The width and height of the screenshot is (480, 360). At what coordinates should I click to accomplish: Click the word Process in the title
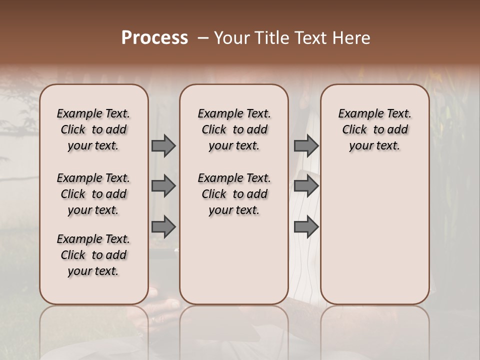pyautogui.click(x=154, y=38)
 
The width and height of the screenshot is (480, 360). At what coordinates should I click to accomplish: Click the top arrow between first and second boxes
pyautogui.click(x=163, y=145)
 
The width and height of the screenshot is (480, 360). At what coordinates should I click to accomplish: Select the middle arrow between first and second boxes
pyautogui.click(x=163, y=186)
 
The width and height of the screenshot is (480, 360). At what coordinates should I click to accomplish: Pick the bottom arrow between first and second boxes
pyautogui.click(x=163, y=226)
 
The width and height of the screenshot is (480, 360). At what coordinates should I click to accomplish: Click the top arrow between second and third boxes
pyautogui.click(x=306, y=145)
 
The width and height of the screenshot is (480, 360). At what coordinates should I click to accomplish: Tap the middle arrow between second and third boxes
pyautogui.click(x=306, y=186)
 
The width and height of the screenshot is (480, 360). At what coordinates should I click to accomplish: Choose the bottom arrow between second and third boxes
pyautogui.click(x=306, y=226)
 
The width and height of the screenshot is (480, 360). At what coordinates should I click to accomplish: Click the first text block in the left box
pyautogui.click(x=93, y=129)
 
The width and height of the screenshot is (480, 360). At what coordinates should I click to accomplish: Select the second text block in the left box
pyautogui.click(x=93, y=194)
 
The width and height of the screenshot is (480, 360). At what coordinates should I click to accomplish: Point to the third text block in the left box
pyautogui.click(x=93, y=255)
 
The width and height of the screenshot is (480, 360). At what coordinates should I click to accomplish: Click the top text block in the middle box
pyautogui.click(x=234, y=129)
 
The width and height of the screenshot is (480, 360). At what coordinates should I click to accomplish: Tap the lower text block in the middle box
pyautogui.click(x=234, y=194)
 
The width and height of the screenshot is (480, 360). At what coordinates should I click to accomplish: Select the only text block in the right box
pyautogui.click(x=374, y=129)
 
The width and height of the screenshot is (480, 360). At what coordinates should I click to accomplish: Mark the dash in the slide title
pyautogui.click(x=203, y=38)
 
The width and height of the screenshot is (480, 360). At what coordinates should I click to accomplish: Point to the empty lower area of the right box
pyautogui.click(x=374, y=235)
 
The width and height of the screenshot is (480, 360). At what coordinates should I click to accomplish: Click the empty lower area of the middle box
pyautogui.click(x=234, y=260)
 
